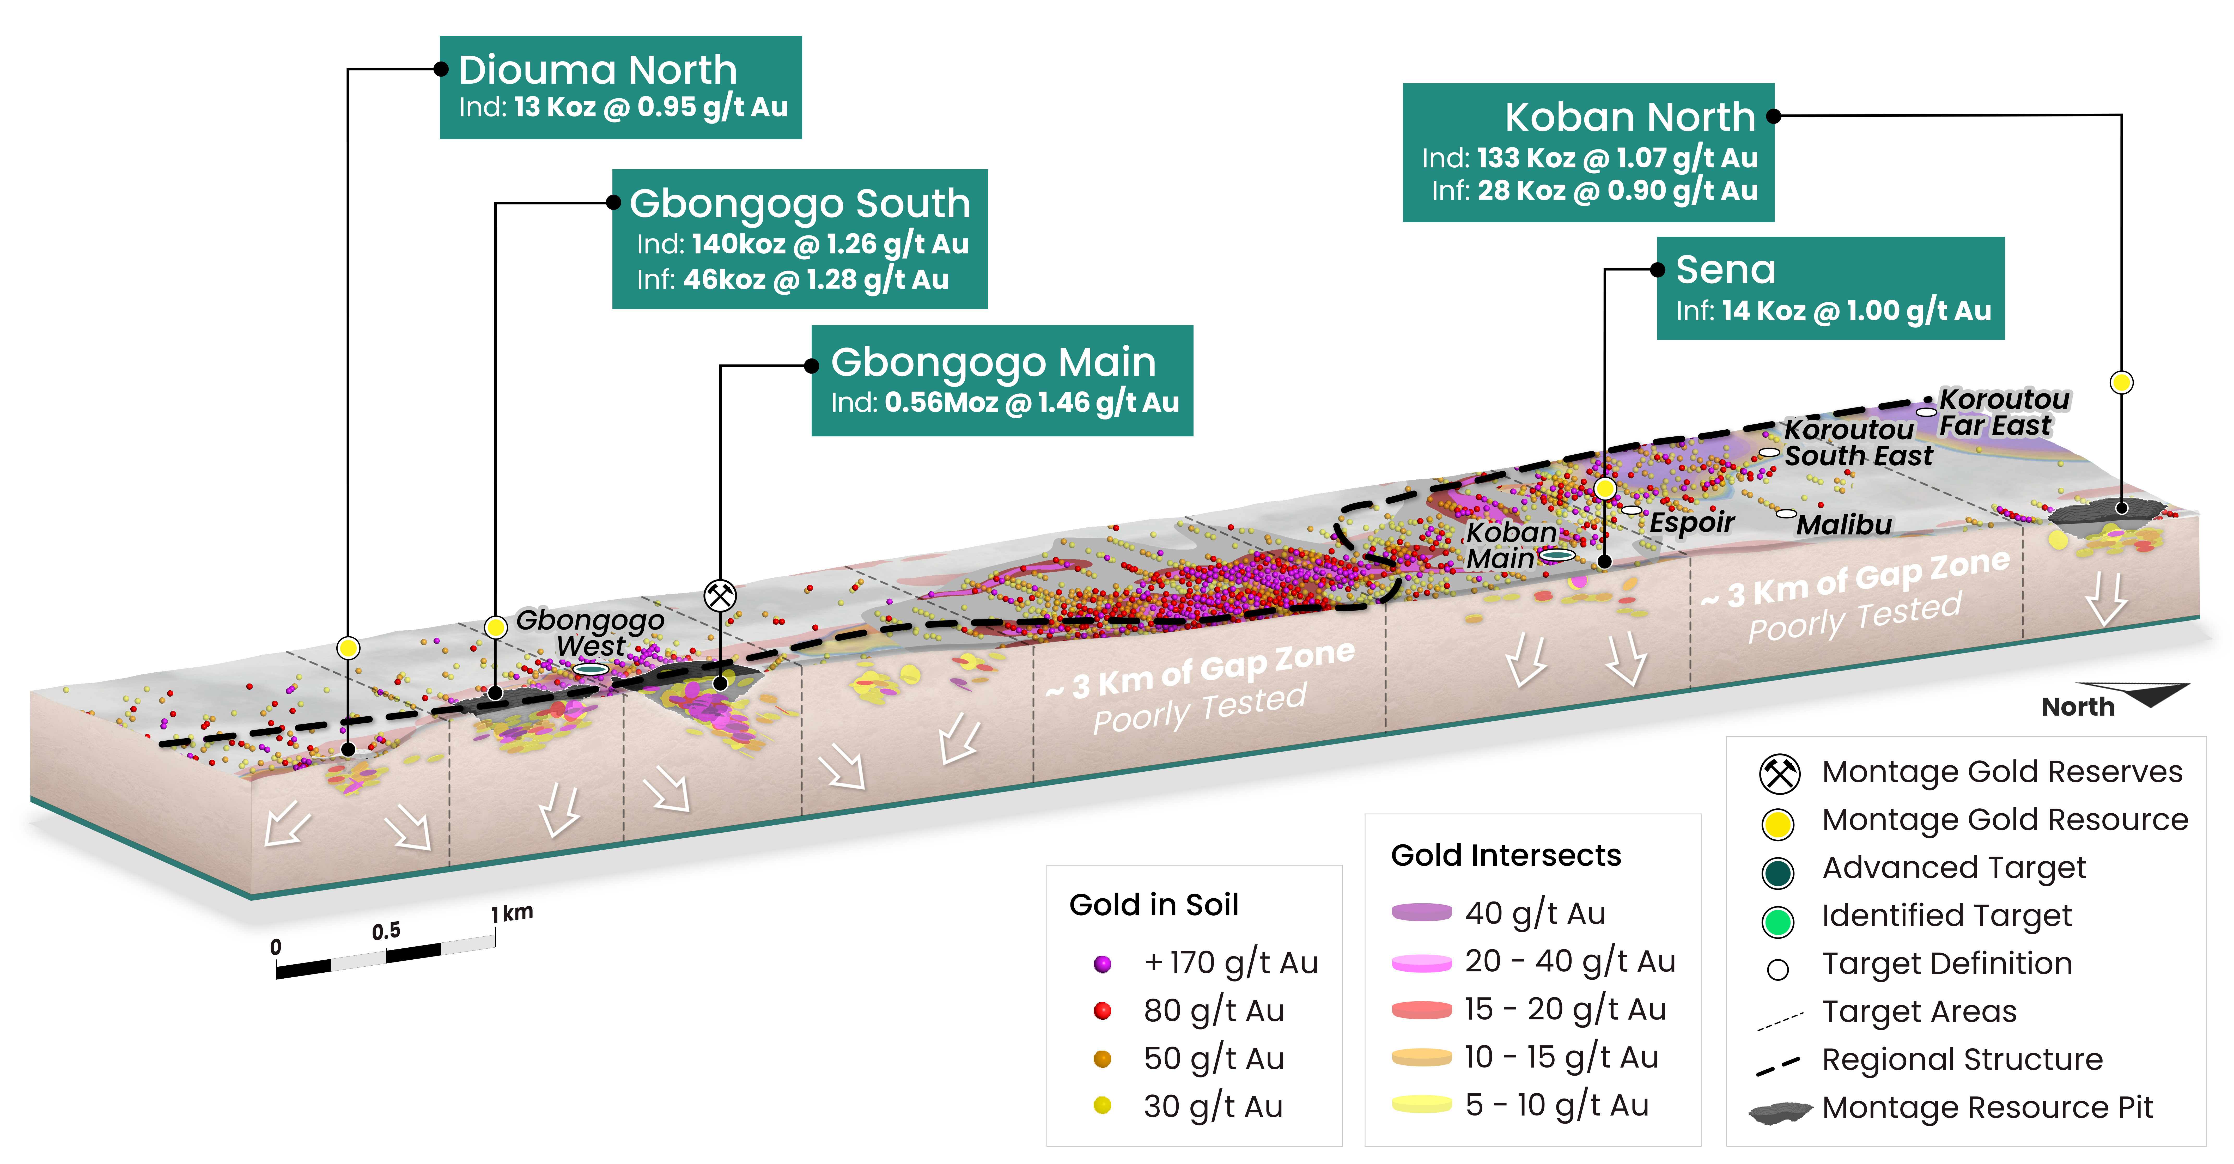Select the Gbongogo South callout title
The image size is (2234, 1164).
tap(800, 204)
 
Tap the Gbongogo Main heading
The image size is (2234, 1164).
tap(993, 363)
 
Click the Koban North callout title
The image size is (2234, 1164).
tap(1629, 117)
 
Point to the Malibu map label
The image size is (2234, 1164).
tap(1844, 525)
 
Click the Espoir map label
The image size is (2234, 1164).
tap(1691, 522)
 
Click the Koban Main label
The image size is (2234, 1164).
tap(1510, 545)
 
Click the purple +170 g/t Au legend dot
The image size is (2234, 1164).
tap(1102, 964)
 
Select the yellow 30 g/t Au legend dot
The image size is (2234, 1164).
tap(1102, 1106)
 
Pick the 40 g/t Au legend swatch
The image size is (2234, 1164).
tap(1421, 912)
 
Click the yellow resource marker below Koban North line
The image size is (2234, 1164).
tap(2121, 382)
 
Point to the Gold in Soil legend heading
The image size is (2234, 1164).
tap(1153, 905)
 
